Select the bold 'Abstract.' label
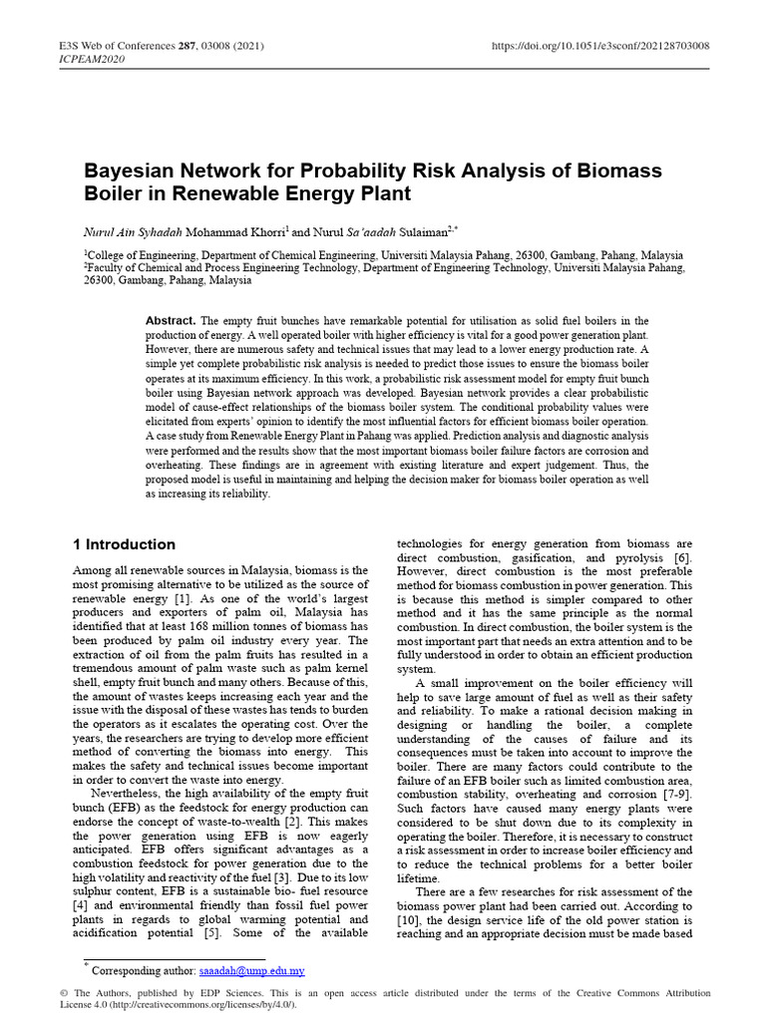click(171, 321)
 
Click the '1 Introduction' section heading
click(125, 544)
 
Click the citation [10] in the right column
click(409, 919)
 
